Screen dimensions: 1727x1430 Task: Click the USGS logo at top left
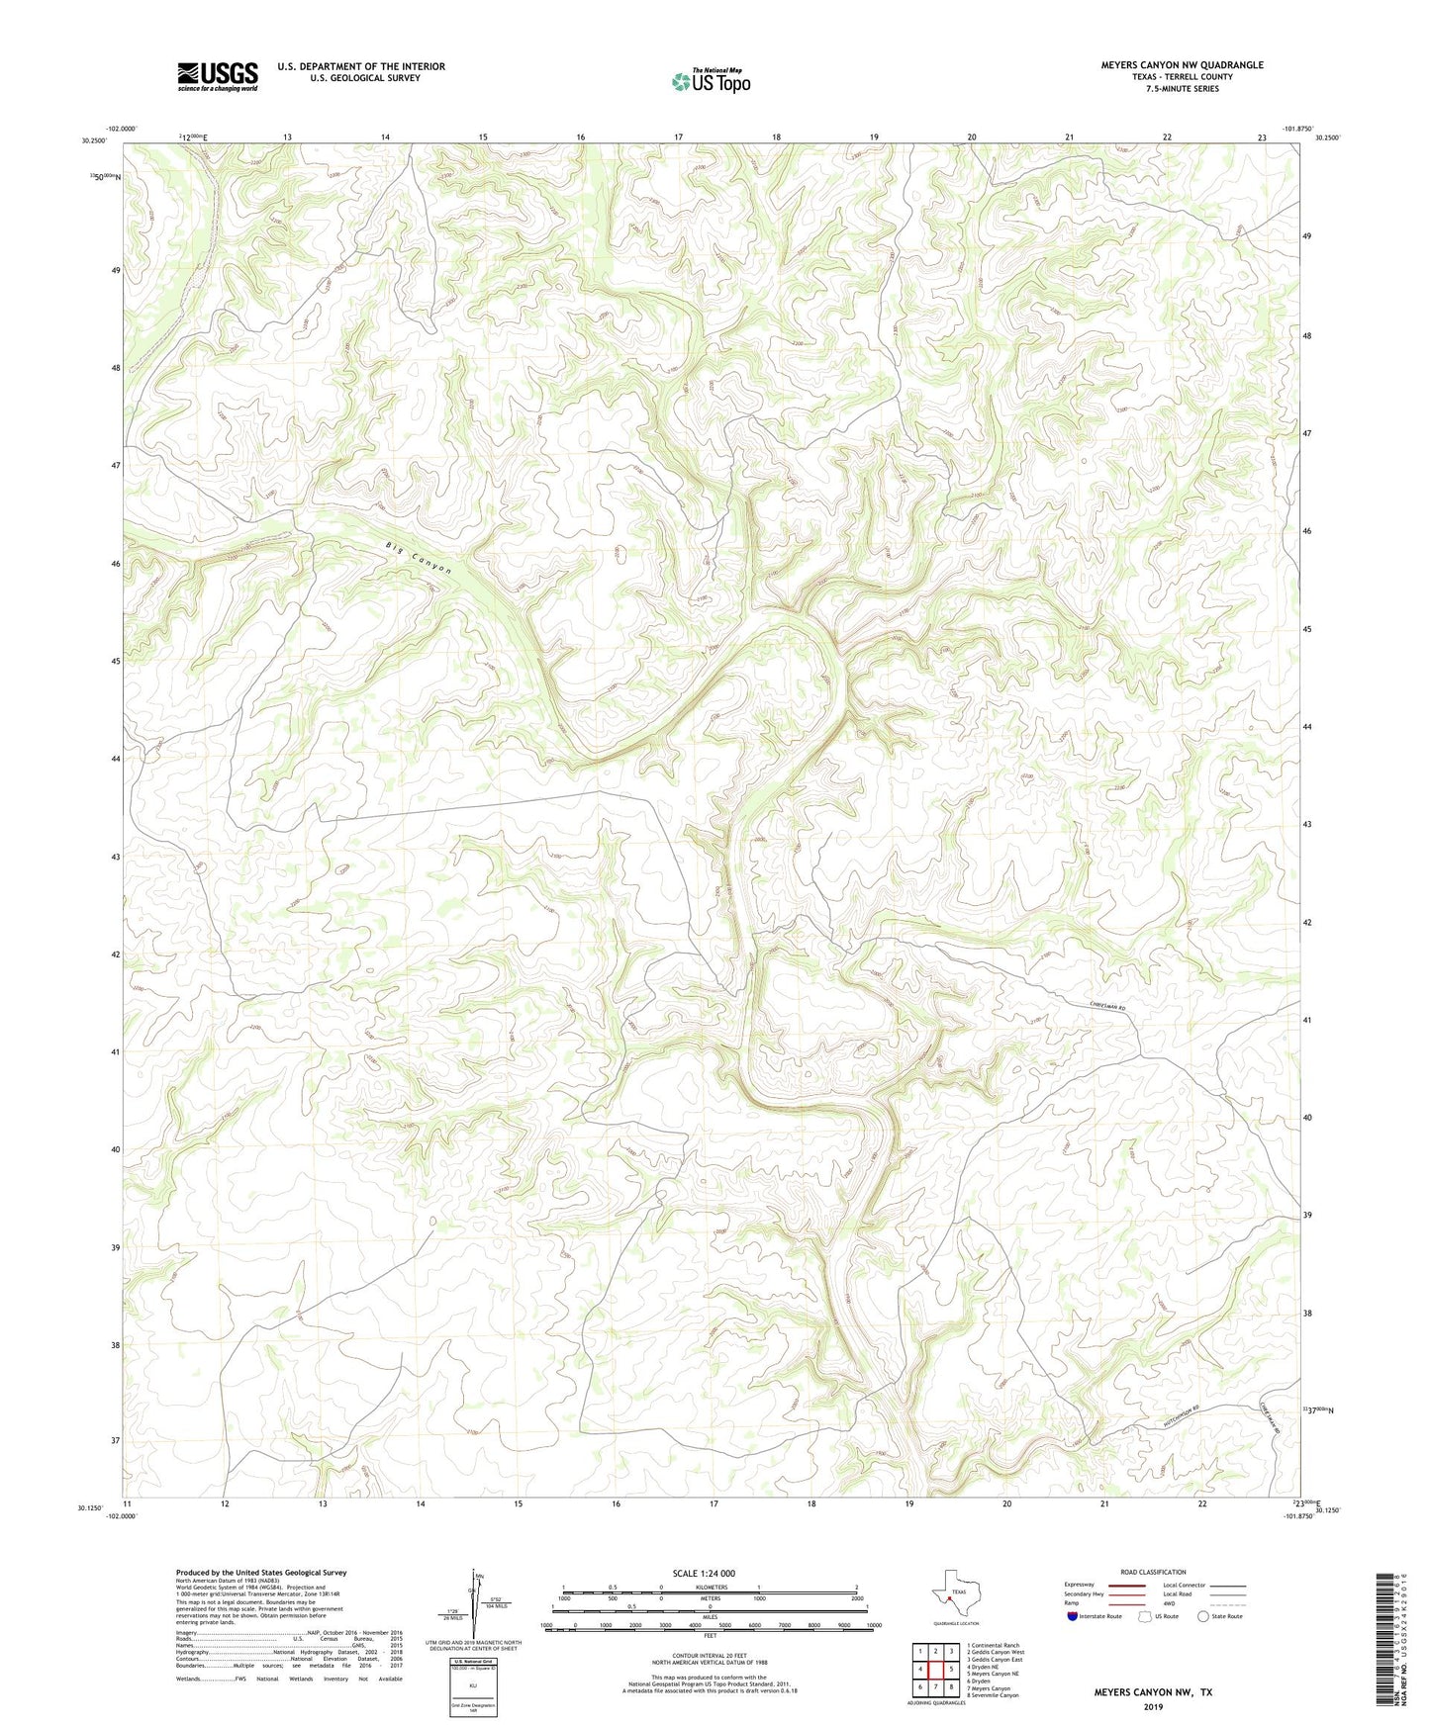pos(218,76)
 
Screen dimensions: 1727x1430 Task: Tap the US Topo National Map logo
pos(710,81)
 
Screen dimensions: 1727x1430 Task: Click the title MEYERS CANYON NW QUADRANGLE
pos(1182,65)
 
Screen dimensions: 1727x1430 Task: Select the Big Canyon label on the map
pos(419,559)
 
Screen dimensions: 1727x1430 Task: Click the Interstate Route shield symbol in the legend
pos(1073,1617)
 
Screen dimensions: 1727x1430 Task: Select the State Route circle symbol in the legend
pos(1203,1617)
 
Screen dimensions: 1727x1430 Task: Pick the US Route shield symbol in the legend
pos(1145,1617)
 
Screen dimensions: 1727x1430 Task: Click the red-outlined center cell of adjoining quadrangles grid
pos(935,1669)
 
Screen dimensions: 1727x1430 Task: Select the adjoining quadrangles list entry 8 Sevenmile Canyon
pos(993,1695)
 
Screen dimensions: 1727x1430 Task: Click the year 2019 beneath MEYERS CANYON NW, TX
pos(1152,1706)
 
